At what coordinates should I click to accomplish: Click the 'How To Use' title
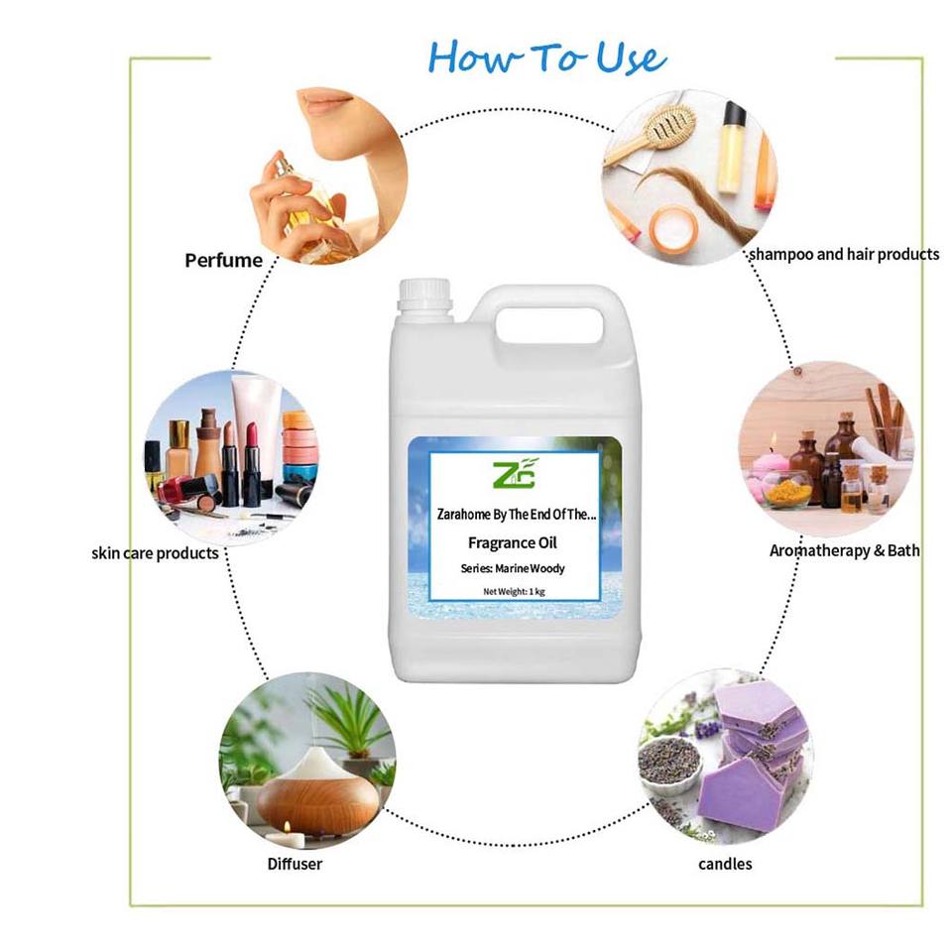tap(547, 59)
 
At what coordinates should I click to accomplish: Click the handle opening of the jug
tap(549, 326)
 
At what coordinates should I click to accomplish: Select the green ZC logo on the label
tap(515, 474)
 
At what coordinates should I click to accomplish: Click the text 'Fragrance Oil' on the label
tap(513, 542)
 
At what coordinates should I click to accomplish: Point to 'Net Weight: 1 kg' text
tap(515, 591)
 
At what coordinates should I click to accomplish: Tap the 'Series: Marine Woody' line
tap(513, 568)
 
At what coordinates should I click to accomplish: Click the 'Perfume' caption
tap(223, 261)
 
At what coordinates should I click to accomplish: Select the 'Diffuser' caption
tap(295, 864)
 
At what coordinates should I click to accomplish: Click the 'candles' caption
tap(725, 864)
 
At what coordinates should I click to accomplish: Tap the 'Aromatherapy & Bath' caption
tap(845, 550)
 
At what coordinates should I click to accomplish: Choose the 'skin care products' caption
tap(155, 553)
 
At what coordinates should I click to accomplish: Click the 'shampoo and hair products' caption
tap(844, 254)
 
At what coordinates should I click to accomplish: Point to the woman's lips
tap(325, 103)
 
